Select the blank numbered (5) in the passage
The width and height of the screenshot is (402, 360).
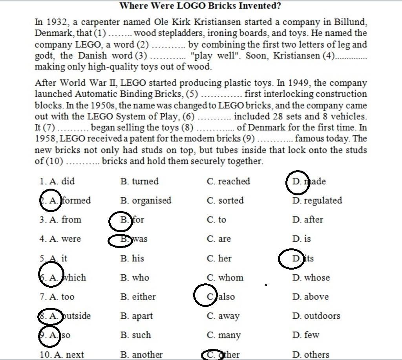pos(221,95)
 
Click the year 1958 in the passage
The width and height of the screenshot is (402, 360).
pos(46,139)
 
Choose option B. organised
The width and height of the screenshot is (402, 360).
pos(146,200)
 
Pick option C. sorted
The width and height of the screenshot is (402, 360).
pos(225,200)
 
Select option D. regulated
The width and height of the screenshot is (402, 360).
pos(317,200)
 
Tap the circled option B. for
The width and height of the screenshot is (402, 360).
pos(132,220)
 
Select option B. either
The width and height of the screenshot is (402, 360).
pos(138,297)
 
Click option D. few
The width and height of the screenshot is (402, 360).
pos(306,335)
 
